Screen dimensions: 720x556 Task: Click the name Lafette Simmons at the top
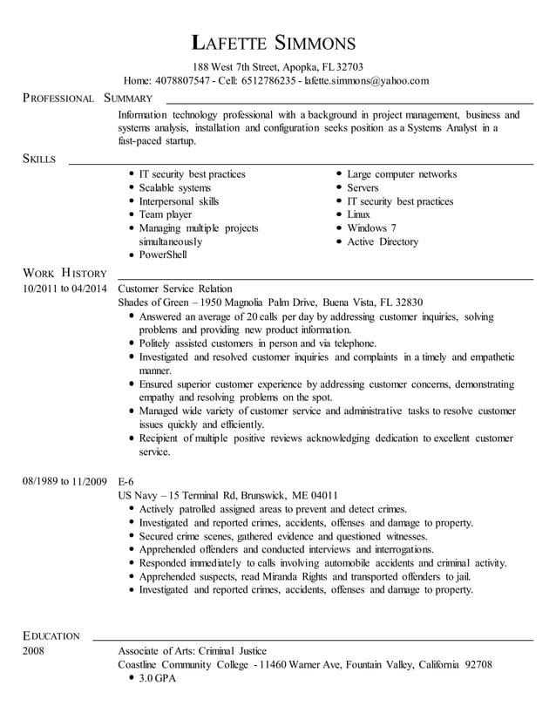point(274,43)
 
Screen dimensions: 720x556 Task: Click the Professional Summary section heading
point(88,98)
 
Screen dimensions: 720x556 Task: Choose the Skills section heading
point(40,159)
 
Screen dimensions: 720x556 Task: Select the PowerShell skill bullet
point(163,255)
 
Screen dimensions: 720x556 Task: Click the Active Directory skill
point(382,241)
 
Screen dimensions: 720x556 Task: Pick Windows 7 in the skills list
point(371,228)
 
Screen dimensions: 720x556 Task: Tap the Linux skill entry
point(358,214)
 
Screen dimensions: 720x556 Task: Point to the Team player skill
point(166,214)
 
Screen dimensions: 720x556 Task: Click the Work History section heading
point(64,274)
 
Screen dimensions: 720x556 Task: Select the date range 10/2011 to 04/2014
point(65,289)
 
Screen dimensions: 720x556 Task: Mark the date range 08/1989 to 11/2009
point(65,481)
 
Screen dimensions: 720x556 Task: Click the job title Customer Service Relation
point(175,289)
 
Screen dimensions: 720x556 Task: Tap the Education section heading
point(51,635)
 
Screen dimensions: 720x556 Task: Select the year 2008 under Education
point(34,650)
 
